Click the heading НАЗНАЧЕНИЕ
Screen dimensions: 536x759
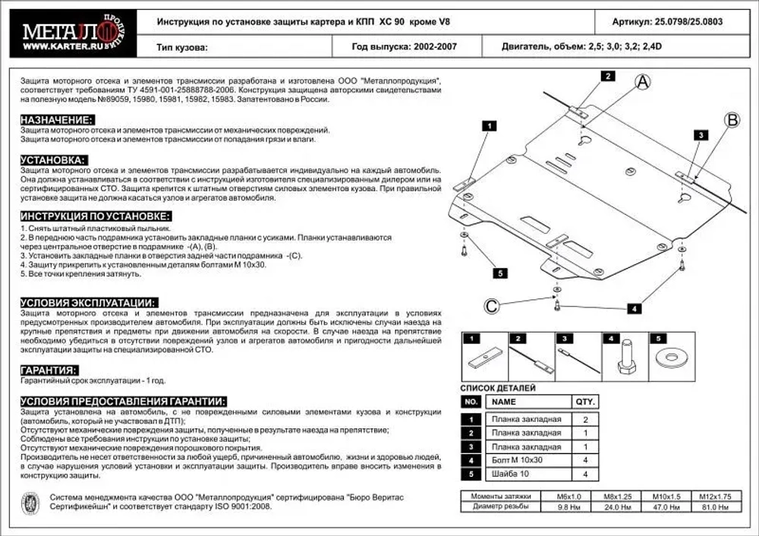click(58, 121)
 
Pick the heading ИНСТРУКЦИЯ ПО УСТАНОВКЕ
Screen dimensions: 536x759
click(89, 216)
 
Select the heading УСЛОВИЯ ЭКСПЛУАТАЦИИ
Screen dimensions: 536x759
click(89, 301)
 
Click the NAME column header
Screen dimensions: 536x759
click(504, 402)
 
